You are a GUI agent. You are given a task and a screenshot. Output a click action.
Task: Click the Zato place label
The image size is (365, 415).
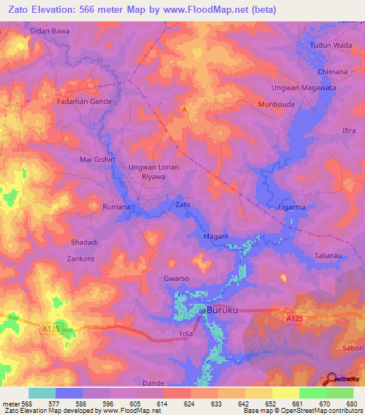coord(183,205)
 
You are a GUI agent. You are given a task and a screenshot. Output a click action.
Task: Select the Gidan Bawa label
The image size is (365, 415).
coord(49,31)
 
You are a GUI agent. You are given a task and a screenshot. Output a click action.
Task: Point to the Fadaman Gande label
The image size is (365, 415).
coord(85,102)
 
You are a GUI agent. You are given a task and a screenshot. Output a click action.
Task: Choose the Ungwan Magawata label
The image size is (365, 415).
coord(303,88)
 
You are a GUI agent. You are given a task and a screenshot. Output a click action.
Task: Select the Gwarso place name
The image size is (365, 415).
coord(177,278)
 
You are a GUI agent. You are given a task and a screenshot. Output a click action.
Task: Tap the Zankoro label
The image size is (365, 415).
coord(81,259)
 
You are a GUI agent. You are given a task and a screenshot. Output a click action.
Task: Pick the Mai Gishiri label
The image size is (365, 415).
coord(98,160)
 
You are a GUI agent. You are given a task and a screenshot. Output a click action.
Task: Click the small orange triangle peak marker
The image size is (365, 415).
coord(185,109)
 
